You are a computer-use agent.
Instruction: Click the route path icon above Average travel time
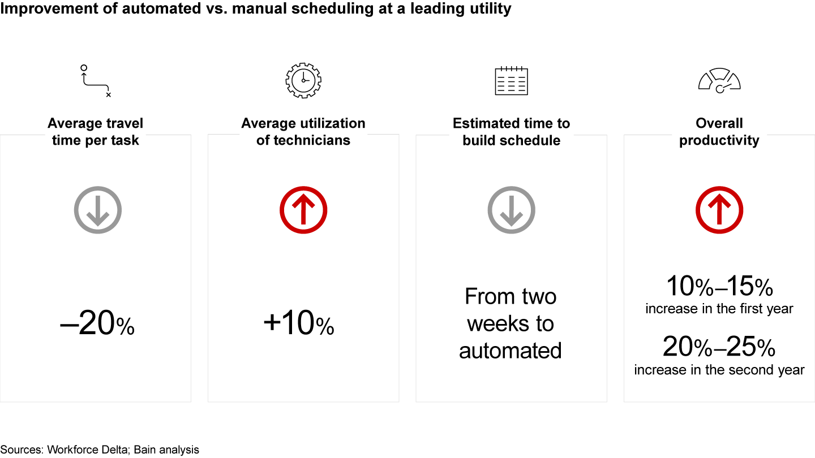click(x=96, y=81)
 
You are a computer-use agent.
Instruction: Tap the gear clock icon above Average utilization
click(x=303, y=81)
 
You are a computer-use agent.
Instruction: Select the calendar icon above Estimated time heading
click(x=511, y=81)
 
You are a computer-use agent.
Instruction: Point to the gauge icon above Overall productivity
click(x=719, y=81)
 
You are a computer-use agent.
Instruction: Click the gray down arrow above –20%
click(x=98, y=210)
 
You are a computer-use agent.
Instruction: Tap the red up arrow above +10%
click(x=303, y=210)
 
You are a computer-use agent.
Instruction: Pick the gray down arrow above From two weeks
click(x=511, y=210)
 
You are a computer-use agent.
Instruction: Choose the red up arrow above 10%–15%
click(x=719, y=210)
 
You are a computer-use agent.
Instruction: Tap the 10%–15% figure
click(x=719, y=287)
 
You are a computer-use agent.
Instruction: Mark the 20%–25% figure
click(x=719, y=348)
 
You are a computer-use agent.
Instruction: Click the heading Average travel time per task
click(x=96, y=132)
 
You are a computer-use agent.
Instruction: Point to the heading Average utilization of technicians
click(x=303, y=132)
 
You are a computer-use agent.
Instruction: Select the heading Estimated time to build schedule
click(x=511, y=132)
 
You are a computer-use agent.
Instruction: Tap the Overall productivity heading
click(x=719, y=132)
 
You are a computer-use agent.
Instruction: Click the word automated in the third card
click(x=511, y=351)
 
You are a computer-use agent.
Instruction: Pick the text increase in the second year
click(x=719, y=370)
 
